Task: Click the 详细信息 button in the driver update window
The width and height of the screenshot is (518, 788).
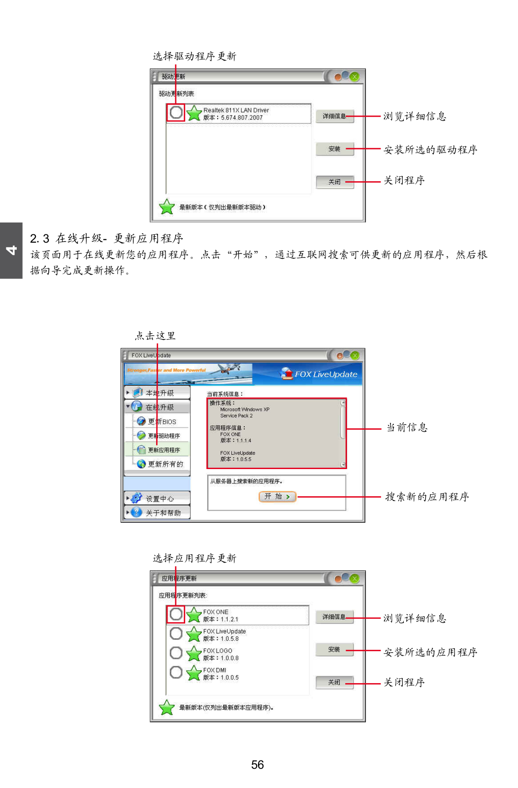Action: tap(334, 116)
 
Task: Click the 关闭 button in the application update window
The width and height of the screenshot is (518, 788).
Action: tap(334, 682)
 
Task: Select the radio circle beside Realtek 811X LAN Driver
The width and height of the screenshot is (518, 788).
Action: tap(176, 113)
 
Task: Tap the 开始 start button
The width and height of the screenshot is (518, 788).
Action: tap(277, 497)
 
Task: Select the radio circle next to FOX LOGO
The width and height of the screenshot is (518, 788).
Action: tap(176, 653)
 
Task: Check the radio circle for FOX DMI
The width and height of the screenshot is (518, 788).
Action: tap(176, 672)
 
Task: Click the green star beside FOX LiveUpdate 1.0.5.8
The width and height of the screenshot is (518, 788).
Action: tap(194, 634)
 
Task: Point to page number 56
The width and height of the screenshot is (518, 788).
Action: tap(258, 764)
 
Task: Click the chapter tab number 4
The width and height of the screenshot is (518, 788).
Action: tap(11, 250)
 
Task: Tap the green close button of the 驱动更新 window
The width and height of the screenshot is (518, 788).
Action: tap(355, 77)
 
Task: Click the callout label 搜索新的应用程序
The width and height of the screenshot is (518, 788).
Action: tap(426, 497)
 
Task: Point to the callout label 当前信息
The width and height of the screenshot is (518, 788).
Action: tap(406, 427)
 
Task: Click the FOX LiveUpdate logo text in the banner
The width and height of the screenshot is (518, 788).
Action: tap(325, 374)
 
